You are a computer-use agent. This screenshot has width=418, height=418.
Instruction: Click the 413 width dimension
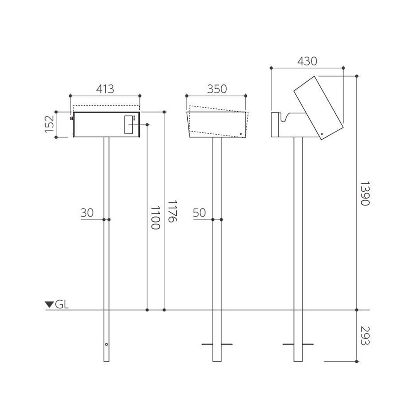click(105, 89)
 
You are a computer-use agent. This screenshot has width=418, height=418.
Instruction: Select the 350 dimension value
click(217, 89)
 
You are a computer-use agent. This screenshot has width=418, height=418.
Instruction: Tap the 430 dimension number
click(307, 61)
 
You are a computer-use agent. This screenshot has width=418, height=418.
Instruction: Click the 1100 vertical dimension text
click(156, 218)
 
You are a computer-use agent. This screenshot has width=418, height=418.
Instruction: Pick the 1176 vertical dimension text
click(172, 211)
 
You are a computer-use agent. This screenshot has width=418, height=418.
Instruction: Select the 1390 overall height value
click(365, 194)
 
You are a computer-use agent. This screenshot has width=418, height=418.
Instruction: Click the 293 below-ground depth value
click(365, 336)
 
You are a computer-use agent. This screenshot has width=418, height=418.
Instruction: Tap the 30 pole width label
click(87, 213)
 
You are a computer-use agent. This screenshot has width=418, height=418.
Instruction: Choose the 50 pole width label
click(199, 213)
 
